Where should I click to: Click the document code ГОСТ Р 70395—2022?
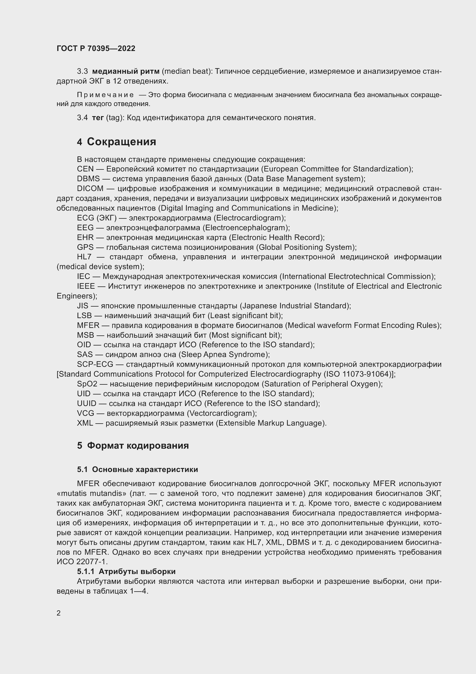96,48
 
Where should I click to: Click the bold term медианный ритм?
126,71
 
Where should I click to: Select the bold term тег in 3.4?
98,118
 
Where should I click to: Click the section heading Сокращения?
121,142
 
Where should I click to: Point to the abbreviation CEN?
85,169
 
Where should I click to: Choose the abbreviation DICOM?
90,188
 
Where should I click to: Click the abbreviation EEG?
85,228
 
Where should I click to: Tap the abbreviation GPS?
85,247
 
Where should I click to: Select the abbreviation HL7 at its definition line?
84,257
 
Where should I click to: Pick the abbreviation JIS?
82,306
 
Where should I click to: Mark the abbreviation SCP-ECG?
95,364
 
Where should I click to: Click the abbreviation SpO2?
87,384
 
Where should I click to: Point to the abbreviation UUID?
86,403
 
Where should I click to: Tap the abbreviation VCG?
85,413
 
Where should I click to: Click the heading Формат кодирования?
138,445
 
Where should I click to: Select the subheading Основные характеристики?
145,469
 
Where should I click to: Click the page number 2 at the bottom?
59,613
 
